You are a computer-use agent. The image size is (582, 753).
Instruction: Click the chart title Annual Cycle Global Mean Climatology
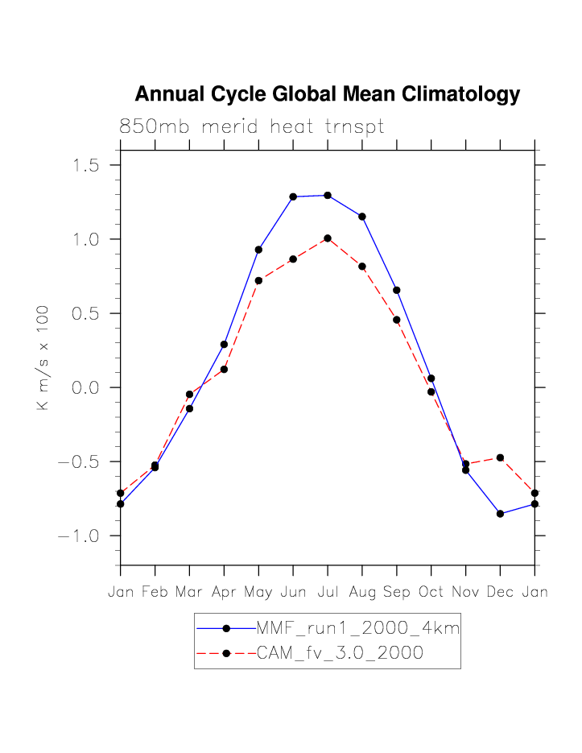tap(327, 94)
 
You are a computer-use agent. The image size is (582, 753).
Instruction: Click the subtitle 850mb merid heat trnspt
tap(251, 126)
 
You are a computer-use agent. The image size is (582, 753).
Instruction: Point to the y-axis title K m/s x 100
tap(43, 358)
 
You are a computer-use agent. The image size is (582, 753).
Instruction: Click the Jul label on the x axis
tap(328, 592)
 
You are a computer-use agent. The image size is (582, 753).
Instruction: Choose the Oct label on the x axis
tap(431, 592)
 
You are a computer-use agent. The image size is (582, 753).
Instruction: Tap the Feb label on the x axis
tap(155, 592)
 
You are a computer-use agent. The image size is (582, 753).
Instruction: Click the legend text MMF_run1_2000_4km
tap(357, 628)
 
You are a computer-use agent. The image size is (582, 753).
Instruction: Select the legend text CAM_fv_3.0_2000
tap(340, 653)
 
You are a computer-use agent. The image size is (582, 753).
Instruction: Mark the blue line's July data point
tap(328, 195)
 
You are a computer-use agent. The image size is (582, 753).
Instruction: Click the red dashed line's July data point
tap(328, 238)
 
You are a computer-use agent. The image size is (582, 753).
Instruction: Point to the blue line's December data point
tap(500, 513)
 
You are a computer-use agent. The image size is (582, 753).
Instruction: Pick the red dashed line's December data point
tap(500, 457)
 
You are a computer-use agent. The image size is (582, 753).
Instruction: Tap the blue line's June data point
tap(293, 197)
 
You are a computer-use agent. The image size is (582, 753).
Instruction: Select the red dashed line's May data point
tap(258, 280)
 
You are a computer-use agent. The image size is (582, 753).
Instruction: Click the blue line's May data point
tap(258, 250)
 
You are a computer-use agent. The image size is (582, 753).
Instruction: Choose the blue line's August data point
tap(362, 217)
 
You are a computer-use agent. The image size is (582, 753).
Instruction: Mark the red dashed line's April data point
tap(224, 370)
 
